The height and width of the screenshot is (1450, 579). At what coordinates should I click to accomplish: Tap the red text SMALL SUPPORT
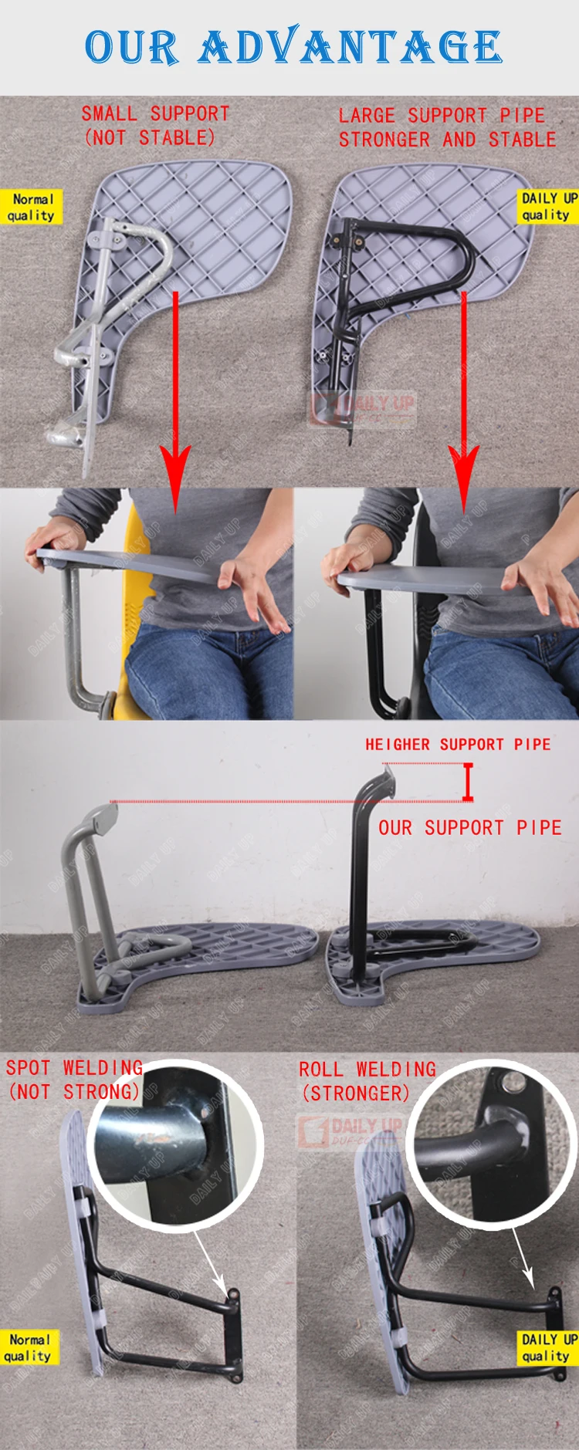[155, 113]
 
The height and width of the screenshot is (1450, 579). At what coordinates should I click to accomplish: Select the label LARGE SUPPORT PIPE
[442, 116]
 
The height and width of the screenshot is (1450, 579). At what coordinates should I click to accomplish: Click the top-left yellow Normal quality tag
[31, 207]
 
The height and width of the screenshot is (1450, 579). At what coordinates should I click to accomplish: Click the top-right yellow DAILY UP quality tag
[548, 206]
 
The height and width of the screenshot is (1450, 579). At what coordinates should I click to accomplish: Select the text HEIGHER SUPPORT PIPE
[458, 745]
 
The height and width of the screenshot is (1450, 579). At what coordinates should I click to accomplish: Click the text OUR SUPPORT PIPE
[469, 828]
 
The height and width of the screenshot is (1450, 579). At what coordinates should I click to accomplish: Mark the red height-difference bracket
[467, 782]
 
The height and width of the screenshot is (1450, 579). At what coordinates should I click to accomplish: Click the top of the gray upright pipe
[100, 815]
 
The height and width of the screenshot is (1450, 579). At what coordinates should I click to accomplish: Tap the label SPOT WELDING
[74, 1068]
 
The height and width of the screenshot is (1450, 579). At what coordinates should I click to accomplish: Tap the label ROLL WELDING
[367, 1070]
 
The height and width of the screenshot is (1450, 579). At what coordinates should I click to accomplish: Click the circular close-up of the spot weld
[174, 1143]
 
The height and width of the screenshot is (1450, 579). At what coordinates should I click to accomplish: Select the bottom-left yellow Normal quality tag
[29, 1347]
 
